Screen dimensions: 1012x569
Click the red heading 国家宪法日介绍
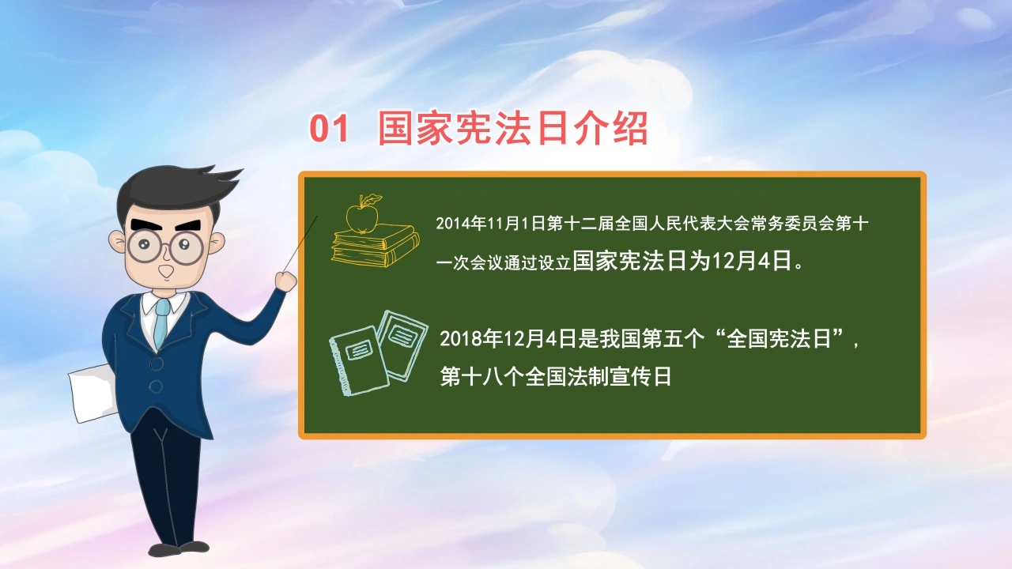[513, 129]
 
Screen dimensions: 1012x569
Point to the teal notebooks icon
[379, 353]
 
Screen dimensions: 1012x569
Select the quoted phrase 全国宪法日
[779, 339]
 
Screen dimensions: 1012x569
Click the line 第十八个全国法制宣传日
[556, 377]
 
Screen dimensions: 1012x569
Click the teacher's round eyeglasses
[166, 247]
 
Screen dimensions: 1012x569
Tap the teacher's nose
[166, 271]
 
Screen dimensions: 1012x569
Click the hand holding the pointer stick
[285, 281]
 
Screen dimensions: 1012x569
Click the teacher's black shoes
[178, 548]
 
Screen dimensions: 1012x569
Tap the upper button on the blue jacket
[157, 364]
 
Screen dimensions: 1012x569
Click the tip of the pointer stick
[317, 217]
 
